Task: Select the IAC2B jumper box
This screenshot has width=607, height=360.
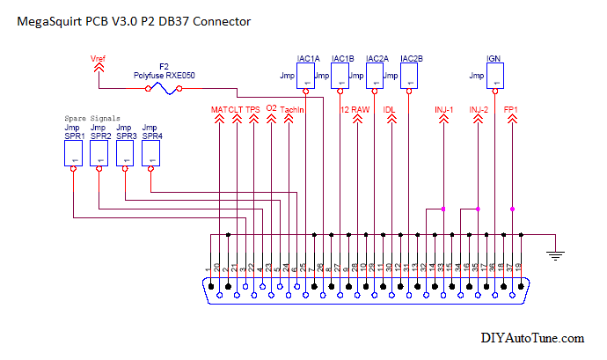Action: pyautogui.click(x=410, y=77)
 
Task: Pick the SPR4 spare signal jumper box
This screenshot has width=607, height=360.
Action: pyautogui.click(x=151, y=155)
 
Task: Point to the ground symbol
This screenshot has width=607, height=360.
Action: pyautogui.click(x=555, y=254)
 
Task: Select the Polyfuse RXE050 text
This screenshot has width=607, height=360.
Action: pyautogui.click(x=164, y=76)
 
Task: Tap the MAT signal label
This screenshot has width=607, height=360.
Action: pyautogui.click(x=219, y=109)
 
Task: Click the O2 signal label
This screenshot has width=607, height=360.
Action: pyautogui.click(x=271, y=109)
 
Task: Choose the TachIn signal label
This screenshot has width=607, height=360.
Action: pyautogui.click(x=292, y=109)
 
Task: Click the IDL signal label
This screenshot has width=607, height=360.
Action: pyautogui.click(x=390, y=109)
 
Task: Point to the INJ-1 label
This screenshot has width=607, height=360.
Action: pyautogui.click(x=443, y=109)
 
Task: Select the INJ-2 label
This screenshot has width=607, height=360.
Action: pyautogui.click(x=479, y=109)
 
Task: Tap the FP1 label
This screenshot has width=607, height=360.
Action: pyautogui.click(x=511, y=109)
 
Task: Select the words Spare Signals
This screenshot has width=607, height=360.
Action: pyautogui.click(x=92, y=117)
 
